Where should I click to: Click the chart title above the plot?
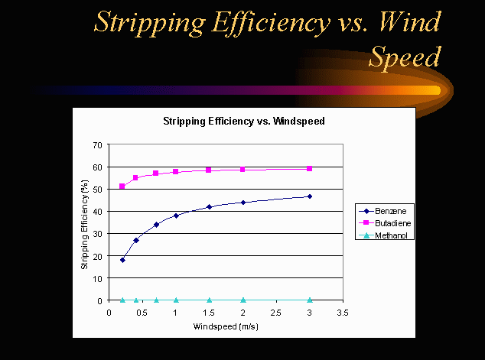pos(242,121)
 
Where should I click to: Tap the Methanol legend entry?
pos(386,235)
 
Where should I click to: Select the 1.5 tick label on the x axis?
pos(210,313)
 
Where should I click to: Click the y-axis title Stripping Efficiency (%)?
pos(85,222)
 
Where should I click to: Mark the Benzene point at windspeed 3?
pos(310,196)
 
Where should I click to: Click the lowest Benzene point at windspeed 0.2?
pos(122,260)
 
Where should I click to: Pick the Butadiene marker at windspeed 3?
pos(310,169)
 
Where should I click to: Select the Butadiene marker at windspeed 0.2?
pos(122,186)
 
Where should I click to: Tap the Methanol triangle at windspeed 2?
pos(243,300)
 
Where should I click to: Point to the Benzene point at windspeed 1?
pos(176,216)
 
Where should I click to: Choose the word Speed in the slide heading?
pos(405,56)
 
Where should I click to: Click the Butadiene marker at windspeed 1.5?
pos(209,170)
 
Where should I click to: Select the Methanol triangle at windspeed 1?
pos(176,300)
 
